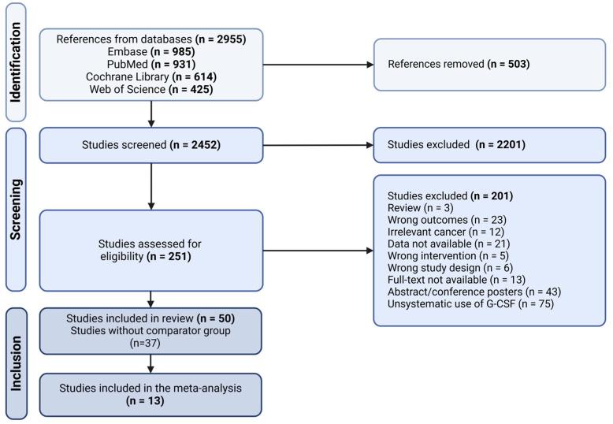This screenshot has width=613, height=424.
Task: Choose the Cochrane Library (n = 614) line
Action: [x=150, y=76]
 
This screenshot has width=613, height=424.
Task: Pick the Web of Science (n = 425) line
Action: [x=150, y=88]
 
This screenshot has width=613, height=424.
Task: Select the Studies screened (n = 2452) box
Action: [x=150, y=145]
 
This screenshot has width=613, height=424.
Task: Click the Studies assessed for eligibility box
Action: [x=150, y=250]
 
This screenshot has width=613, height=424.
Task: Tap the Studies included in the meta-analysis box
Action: [x=150, y=393]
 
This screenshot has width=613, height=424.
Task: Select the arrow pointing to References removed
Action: [x=315, y=62]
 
